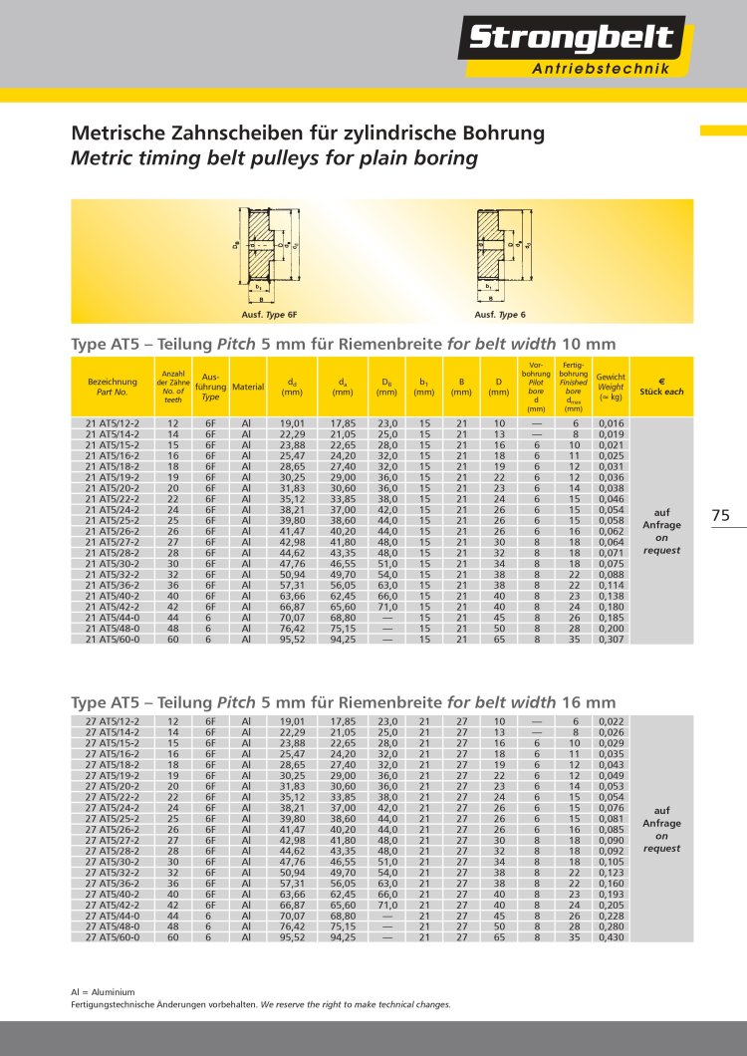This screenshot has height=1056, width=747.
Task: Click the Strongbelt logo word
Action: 571,39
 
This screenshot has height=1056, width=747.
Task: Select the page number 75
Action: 721,515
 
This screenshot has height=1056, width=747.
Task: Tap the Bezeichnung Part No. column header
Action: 113,387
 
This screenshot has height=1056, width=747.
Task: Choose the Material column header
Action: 247,387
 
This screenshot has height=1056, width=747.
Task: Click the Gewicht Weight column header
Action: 611,387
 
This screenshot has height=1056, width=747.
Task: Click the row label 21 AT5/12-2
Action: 113,423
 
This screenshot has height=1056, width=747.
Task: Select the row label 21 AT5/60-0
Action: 113,640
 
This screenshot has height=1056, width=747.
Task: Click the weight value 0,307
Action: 611,640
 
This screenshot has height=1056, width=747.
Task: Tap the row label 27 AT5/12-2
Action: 113,720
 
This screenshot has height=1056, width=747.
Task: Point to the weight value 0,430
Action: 611,936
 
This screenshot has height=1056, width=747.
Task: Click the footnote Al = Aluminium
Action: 103,993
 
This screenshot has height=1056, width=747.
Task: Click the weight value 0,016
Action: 611,423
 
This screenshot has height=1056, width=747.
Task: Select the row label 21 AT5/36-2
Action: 113,585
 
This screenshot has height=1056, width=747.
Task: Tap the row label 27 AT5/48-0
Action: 113,926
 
